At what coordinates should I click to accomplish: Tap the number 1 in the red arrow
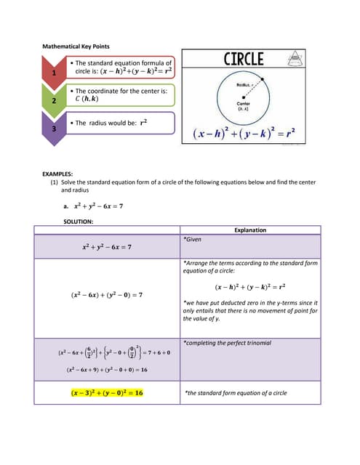point(52,74)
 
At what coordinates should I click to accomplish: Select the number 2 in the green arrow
point(52,101)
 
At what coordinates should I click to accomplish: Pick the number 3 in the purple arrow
point(52,128)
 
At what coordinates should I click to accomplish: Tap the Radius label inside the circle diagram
point(244,86)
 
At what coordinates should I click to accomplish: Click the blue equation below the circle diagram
point(244,134)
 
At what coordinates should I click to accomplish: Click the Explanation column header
point(249,230)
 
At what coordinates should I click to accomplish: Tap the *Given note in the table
point(192,238)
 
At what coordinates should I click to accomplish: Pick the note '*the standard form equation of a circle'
point(235,392)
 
